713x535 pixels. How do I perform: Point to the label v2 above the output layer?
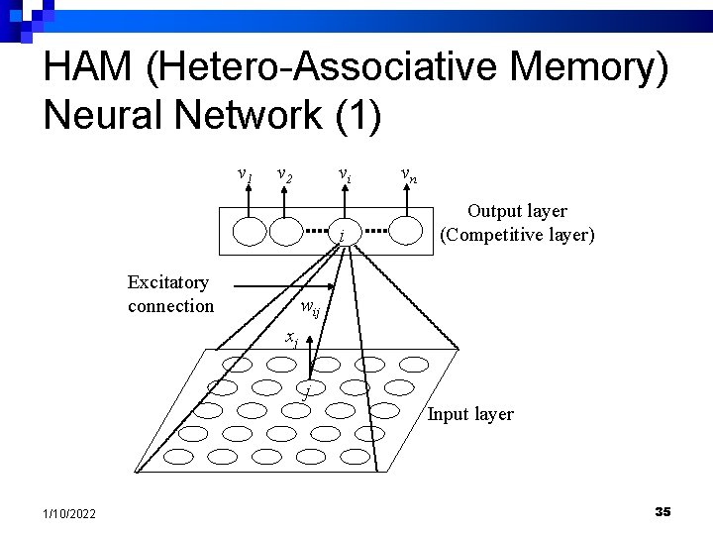point(284,176)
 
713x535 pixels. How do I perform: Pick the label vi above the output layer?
point(343,176)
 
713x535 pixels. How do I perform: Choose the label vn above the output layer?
point(408,176)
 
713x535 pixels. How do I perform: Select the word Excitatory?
point(168,282)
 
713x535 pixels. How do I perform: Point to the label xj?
point(291,339)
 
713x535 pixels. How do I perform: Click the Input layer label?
point(470,414)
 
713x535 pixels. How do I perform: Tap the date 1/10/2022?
point(70,512)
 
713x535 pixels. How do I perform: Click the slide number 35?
point(662,511)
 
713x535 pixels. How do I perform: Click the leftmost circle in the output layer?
point(250,231)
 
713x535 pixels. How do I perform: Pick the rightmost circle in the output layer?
point(407,231)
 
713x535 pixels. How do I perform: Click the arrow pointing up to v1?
point(250,198)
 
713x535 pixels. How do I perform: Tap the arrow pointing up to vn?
point(407,198)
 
